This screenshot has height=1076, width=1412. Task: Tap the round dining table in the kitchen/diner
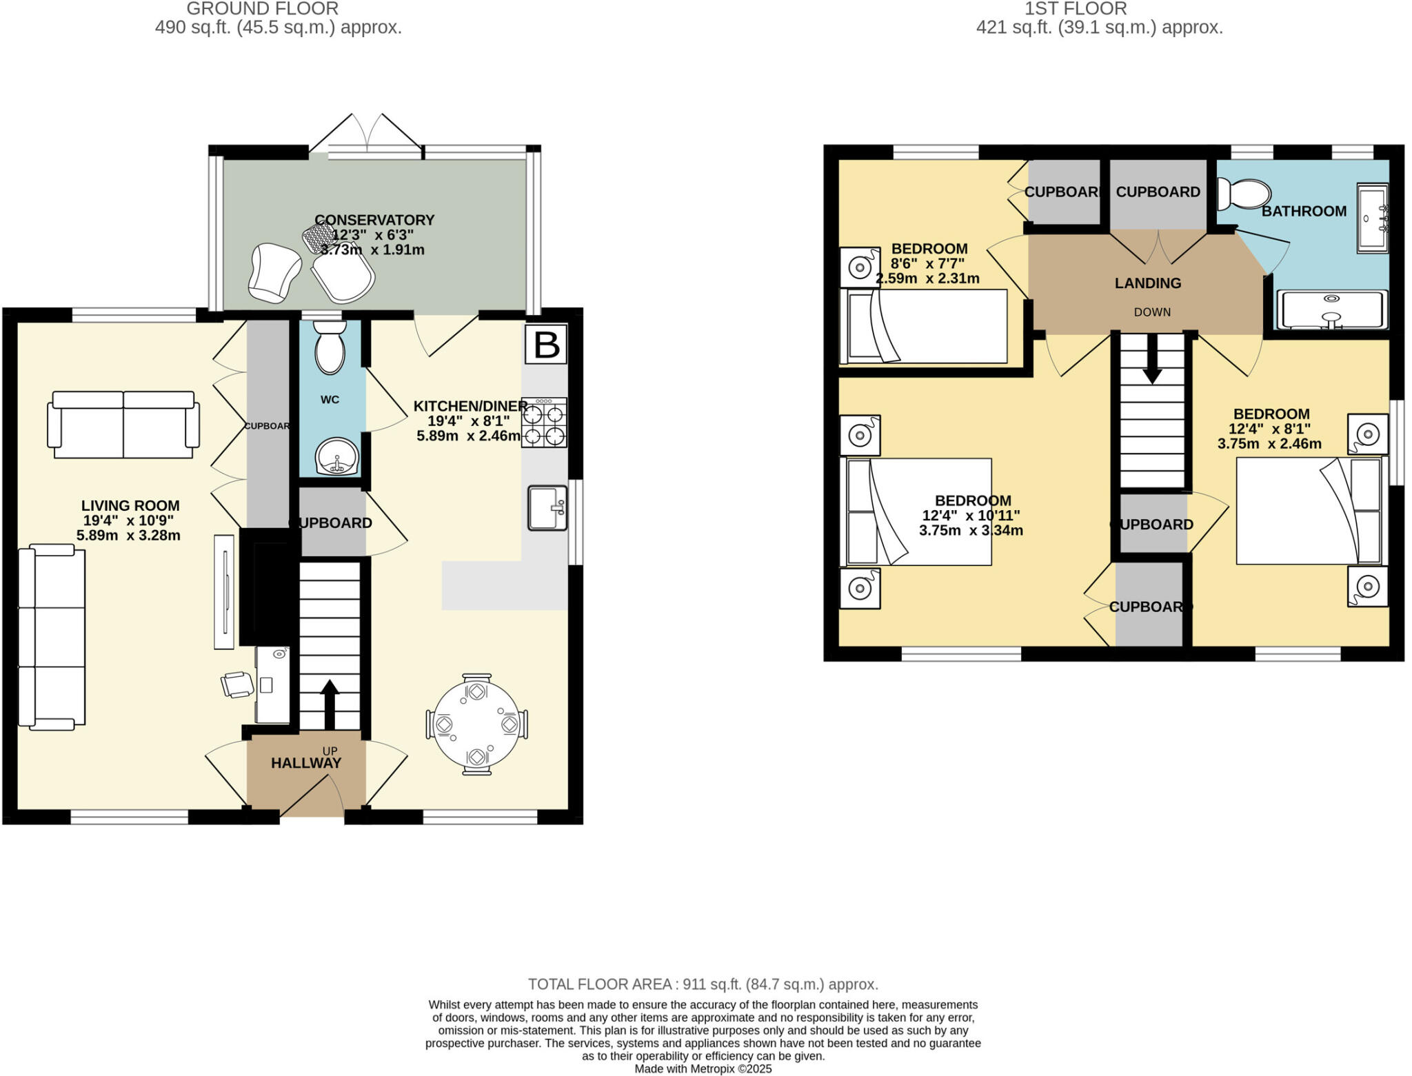(x=476, y=724)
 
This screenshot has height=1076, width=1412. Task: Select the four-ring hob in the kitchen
(x=545, y=423)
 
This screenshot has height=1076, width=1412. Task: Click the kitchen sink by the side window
(x=547, y=508)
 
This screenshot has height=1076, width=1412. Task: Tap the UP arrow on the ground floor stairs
(x=330, y=703)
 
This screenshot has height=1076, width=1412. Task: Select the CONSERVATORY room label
(x=374, y=220)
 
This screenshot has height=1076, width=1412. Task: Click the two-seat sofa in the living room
(x=123, y=425)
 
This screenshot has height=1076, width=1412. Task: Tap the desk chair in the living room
(x=237, y=684)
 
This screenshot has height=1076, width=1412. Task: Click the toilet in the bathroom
(x=1244, y=194)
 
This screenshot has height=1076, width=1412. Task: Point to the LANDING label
(x=1148, y=283)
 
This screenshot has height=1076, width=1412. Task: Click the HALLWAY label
(x=306, y=763)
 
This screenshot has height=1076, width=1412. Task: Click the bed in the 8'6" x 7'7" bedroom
(x=924, y=327)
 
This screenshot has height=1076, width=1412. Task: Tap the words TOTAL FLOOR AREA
(x=599, y=984)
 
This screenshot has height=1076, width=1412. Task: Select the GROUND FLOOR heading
(x=262, y=9)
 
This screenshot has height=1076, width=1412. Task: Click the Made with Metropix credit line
(x=703, y=1069)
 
